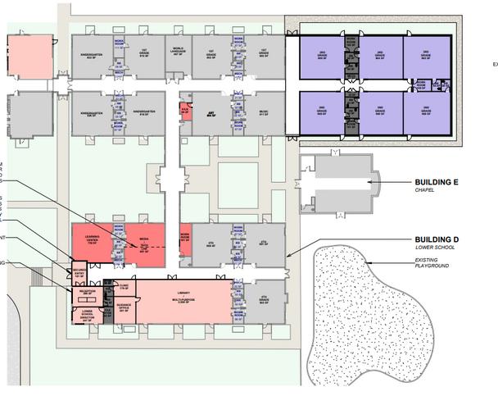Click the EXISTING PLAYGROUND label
pos(432,262)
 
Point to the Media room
pos(144,244)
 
